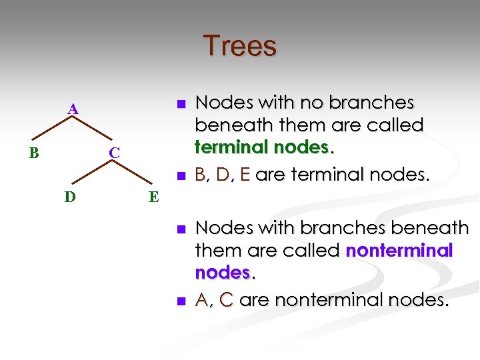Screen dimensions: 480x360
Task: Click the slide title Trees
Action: pyautogui.click(x=239, y=46)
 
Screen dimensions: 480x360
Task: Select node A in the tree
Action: pyautogui.click(x=73, y=109)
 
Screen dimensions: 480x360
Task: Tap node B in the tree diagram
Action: pyautogui.click(x=33, y=153)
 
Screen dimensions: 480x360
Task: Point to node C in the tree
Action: pyautogui.click(x=115, y=153)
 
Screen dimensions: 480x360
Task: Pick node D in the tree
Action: pyautogui.click(x=69, y=197)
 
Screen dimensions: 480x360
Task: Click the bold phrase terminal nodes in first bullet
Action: pyautogui.click(x=262, y=147)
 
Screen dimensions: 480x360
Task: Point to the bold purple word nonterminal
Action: pyautogui.click(x=399, y=251)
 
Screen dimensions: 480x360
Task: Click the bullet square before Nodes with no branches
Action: pyautogui.click(x=179, y=103)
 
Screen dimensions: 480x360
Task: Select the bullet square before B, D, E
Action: pyautogui.click(x=179, y=176)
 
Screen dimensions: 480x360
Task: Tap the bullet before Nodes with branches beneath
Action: pyautogui.click(x=179, y=229)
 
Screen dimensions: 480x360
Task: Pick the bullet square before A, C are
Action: pyautogui.click(x=179, y=301)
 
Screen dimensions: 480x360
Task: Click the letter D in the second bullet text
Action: pyautogui.click(x=224, y=175)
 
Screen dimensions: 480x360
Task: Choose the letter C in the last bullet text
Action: pyautogui.click(x=227, y=300)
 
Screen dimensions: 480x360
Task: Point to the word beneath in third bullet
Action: pyautogui.click(x=429, y=228)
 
